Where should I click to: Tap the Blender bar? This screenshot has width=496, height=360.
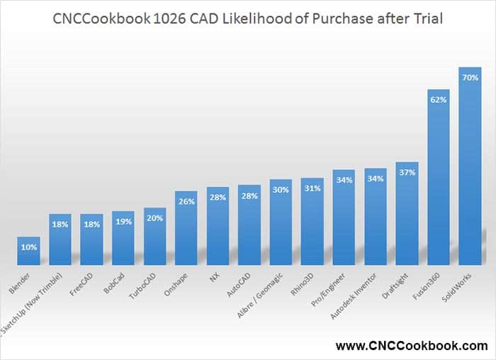[29, 249]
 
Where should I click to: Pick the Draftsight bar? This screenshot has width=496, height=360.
[407, 212]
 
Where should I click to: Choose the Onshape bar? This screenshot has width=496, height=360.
[186, 227]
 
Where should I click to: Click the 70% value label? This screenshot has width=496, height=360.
[470, 77]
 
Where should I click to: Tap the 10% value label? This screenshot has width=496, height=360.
[29, 247]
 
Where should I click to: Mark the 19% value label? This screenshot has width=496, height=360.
[123, 221]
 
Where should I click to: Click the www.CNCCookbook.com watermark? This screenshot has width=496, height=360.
[412, 346]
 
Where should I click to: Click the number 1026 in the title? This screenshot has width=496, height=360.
[170, 19]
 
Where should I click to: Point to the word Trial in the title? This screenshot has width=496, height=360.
[424, 19]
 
